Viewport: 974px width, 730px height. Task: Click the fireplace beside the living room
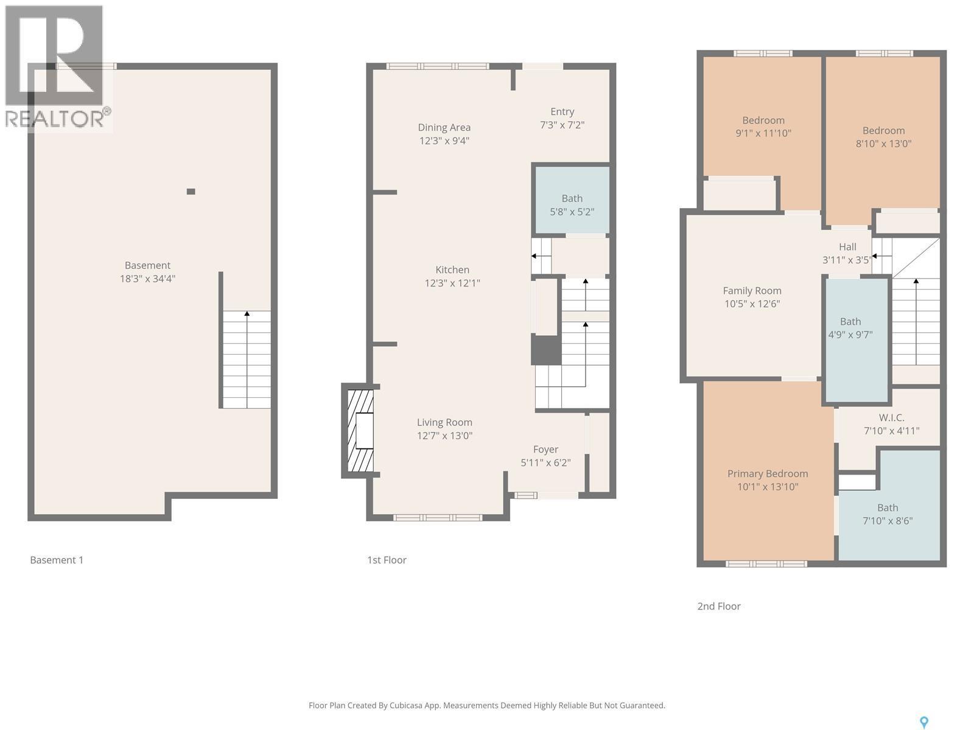click(x=360, y=431)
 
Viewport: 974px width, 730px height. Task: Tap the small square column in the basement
click(x=191, y=192)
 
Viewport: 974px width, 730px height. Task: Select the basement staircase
click(x=247, y=359)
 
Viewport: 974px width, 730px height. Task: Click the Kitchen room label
click(x=452, y=269)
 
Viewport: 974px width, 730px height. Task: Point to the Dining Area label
click(x=444, y=127)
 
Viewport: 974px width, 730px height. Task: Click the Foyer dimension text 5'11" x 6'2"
click(x=545, y=462)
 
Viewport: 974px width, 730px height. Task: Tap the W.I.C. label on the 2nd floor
click(x=891, y=417)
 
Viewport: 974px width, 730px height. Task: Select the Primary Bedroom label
click(x=768, y=473)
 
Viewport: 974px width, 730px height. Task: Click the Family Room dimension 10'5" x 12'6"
click(x=752, y=304)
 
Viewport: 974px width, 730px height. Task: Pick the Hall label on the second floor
click(x=847, y=246)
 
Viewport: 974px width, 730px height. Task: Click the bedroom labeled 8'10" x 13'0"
click(x=883, y=137)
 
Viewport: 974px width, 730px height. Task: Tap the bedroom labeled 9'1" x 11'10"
click(x=763, y=127)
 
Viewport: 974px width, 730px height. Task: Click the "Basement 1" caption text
click(x=57, y=560)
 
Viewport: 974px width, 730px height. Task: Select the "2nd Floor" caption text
click(x=719, y=606)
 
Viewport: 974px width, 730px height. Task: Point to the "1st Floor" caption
click(x=387, y=560)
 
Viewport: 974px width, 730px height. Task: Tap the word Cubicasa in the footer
click(x=415, y=706)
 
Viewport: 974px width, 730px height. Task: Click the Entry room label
click(x=562, y=111)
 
